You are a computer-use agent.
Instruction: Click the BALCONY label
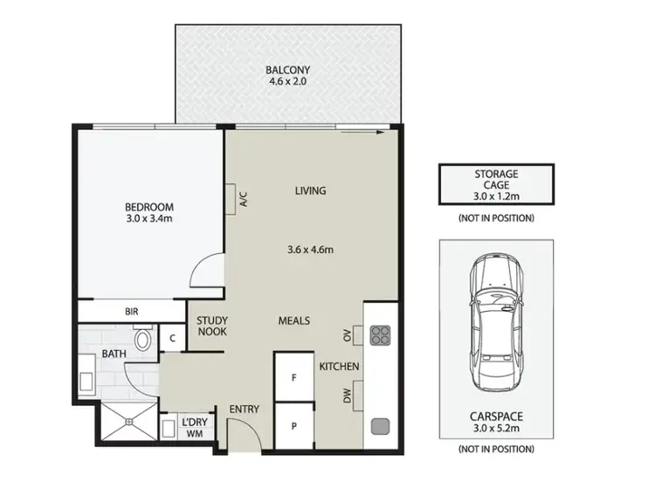coord(288,69)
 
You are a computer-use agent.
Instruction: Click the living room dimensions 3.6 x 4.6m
coord(312,250)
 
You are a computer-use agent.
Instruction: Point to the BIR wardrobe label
coord(132,311)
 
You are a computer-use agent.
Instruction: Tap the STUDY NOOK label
coord(212,327)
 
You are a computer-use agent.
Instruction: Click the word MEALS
coord(294,321)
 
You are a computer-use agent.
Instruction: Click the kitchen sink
coord(381,426)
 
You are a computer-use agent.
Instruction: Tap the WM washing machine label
coord(194,432)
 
